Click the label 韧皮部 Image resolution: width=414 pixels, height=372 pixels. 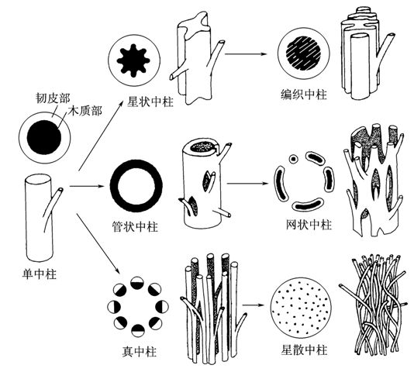[x=53, y=98]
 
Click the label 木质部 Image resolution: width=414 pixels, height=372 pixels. [x=85, y=111]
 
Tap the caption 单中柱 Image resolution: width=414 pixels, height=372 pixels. [x=40, y=274]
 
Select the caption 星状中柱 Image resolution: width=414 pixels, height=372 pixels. [x=150, y=102]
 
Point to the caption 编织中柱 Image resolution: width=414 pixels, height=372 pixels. [x=304, y=95]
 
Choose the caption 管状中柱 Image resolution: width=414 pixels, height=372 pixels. [x=135, y=227]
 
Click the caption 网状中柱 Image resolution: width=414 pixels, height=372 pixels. [x=309, y=226]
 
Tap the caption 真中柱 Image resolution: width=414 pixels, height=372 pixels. [x=139, y=352]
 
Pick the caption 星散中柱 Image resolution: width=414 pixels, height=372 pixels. [x=304, y=350]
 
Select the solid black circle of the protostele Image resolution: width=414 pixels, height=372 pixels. [x=44, y=137]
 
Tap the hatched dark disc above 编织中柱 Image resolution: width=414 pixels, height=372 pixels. [x=304, y=53]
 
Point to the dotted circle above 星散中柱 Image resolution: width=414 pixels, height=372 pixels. [x=301, y=308]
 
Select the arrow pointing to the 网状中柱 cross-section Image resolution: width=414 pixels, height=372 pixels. [x=247, y=183]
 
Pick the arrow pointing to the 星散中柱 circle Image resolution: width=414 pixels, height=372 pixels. [x=254, y=305]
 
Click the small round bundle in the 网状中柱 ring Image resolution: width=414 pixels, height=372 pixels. [x=293, y=159]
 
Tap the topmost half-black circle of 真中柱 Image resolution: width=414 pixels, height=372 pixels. [x=137, y=283]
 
